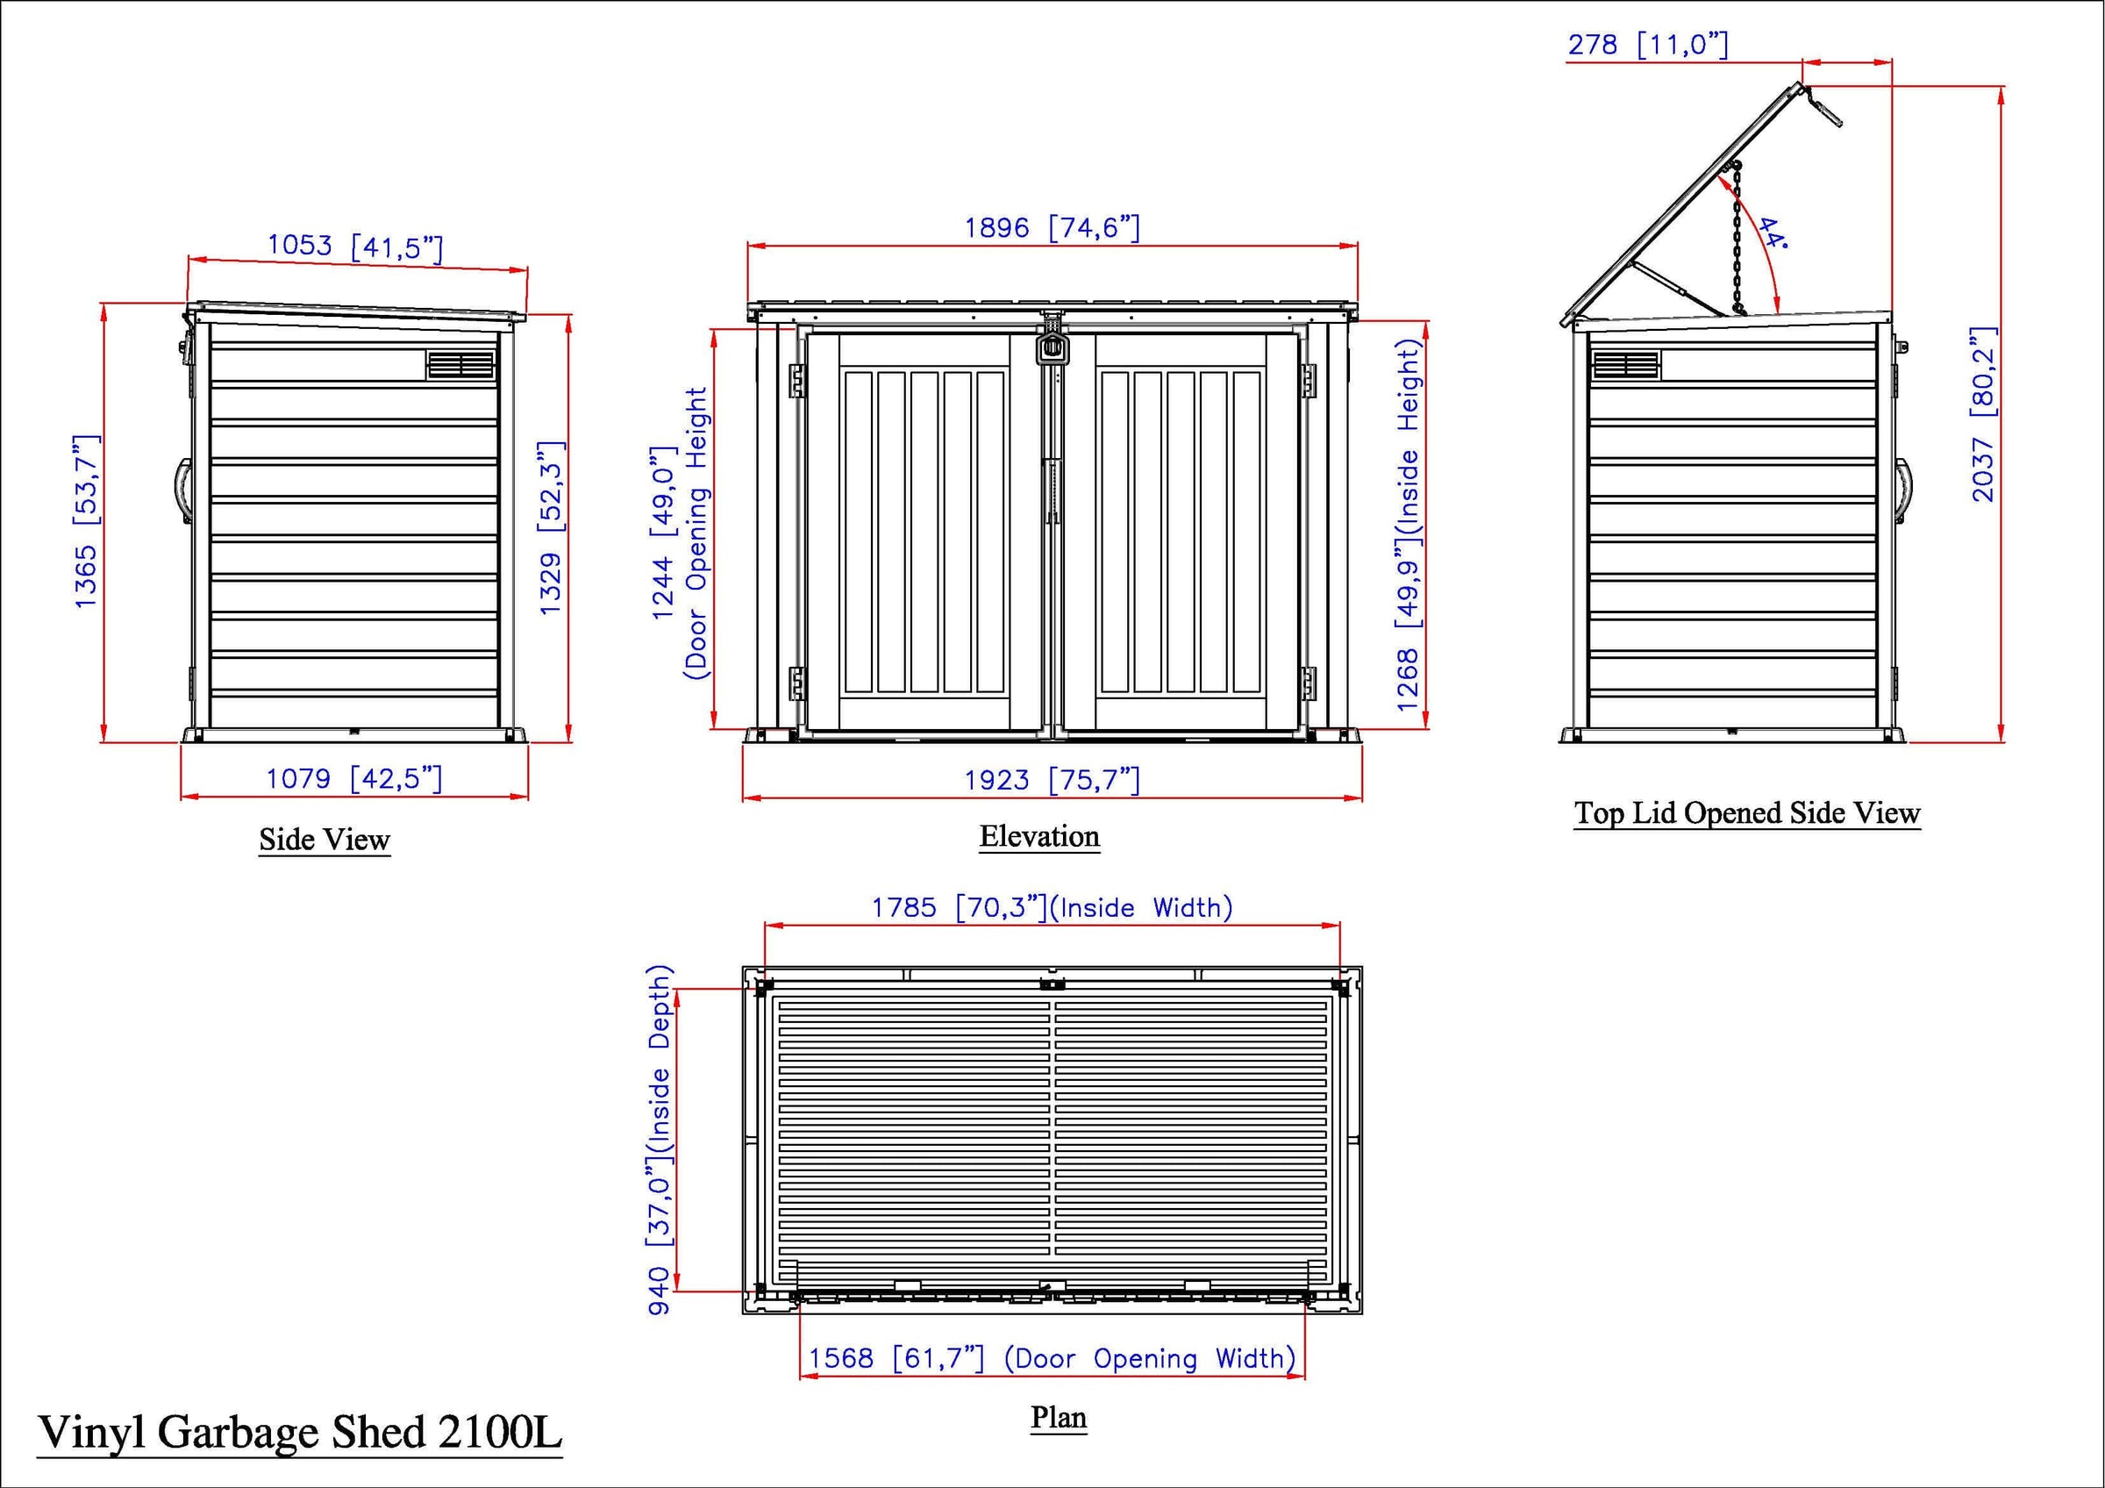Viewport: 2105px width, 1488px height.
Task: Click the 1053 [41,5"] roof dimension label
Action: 355,247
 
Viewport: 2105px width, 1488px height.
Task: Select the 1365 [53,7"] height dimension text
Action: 86,522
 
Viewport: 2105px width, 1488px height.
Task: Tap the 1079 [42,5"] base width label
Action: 353,779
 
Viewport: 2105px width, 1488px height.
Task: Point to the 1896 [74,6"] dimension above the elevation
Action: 1052,227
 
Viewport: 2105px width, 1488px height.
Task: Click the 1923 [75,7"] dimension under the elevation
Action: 1052,780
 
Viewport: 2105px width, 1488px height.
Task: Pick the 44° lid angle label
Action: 1773,233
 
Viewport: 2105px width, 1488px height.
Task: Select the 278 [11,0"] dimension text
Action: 1647,44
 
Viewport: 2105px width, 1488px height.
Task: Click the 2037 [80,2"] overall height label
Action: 1983,414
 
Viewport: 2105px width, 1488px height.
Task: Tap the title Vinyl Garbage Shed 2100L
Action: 299,1432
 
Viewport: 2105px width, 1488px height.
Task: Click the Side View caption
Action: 325,840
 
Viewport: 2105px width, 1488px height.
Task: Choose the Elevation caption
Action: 1038,836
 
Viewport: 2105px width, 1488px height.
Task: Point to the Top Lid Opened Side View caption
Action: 1746,813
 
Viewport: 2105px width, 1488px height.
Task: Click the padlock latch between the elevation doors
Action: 1052,346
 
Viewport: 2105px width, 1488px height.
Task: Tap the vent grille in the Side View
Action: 460,365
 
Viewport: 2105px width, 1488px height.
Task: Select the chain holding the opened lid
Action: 1737,240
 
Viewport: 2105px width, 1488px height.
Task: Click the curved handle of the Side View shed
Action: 182,490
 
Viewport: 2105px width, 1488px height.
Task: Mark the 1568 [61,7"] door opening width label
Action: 1052,1358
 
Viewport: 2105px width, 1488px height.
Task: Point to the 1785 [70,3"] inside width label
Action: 1052,908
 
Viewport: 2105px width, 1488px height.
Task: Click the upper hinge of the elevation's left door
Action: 796,380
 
